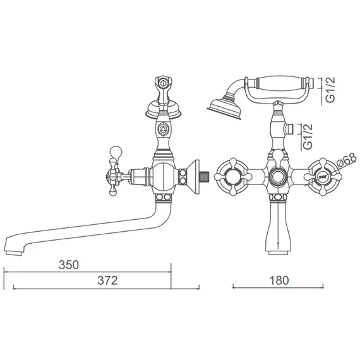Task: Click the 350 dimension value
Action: point(69,265)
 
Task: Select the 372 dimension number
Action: point(107,280)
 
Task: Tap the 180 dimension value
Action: point(279,280)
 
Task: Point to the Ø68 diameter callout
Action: point(347,160)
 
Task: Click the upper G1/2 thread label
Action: point(330,90)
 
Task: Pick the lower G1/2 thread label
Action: point(308,136)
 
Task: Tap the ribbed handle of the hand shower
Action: point(280,83)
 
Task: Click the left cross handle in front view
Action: point(233,177)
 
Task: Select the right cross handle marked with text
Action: point(323,177)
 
